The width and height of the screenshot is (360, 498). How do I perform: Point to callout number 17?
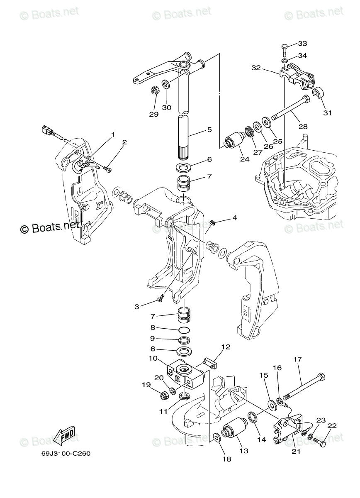click(x=298, y=359)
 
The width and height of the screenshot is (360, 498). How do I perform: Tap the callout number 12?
click(x=225, y=347)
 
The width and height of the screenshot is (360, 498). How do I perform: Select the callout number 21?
click(x=295, y=452)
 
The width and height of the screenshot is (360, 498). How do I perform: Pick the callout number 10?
click(x=152, y=358)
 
